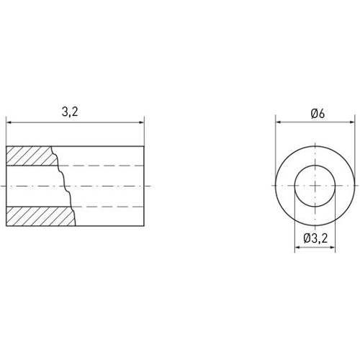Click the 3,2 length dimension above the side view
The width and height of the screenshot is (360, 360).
[70, 112]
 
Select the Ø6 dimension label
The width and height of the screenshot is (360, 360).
[317, 114]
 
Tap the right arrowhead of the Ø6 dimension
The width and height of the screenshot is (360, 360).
[354, 122]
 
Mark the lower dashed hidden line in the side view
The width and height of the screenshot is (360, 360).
[108, 206]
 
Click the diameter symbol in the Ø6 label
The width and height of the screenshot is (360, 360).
[312, 114]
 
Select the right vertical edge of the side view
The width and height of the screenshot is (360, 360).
[145, 185]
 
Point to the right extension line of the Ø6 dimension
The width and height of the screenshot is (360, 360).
[358, 144]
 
